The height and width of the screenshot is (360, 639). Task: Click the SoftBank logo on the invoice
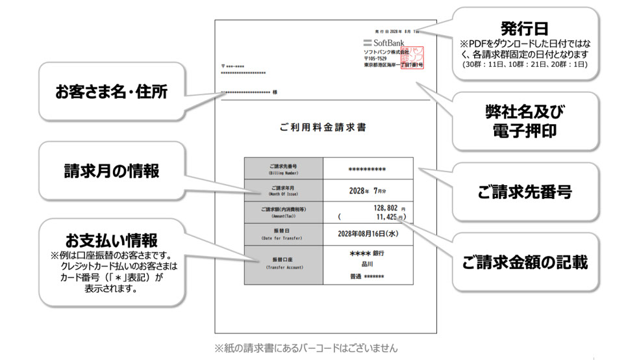coord(383,43)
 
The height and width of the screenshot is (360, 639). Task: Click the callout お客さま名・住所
coord(111,92)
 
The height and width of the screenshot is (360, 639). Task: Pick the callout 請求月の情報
coord(111,170)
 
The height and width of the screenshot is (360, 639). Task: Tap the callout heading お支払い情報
coord(111,240)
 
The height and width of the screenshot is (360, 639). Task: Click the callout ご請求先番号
coord(524,192)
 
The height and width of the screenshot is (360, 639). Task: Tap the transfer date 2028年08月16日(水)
coord(367,233)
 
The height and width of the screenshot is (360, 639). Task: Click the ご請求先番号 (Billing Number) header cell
coord(284,168)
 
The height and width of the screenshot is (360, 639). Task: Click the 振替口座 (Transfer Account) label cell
coord(284,264)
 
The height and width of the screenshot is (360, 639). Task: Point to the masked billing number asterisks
coord(367,170)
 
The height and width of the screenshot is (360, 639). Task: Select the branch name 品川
coord(367,264)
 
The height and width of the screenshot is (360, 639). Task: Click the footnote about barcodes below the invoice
coord(306,348)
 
